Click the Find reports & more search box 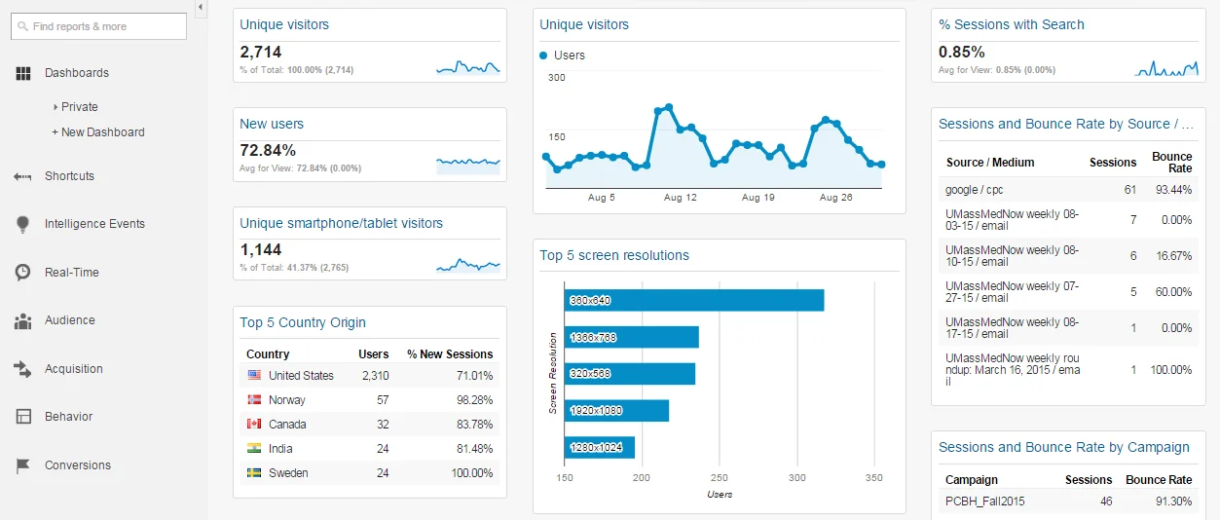(x=98, y=26)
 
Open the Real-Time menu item (x=71, y=273)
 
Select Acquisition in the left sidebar (x=73, y=369)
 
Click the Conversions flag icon (x=23, y=465)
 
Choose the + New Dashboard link (x=98, y=132)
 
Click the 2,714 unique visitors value (x=261, y=53)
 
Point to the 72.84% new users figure (x=268, y=150)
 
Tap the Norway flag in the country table (x=254, y=400)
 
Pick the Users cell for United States (x=375, y=376)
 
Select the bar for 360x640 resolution (x=694, y=300)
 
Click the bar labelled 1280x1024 (x=600, y=447)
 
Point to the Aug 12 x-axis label (x=681, y=198)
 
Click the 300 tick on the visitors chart (x=556, y=78)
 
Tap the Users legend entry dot (x=543, y=56)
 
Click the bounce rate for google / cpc (x=1173, y=190)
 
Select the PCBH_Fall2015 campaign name (x=984, y=501)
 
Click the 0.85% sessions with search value (x=962, y=53)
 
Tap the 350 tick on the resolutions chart (x=874, y=478)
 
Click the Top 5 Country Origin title (x=303, y=323)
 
